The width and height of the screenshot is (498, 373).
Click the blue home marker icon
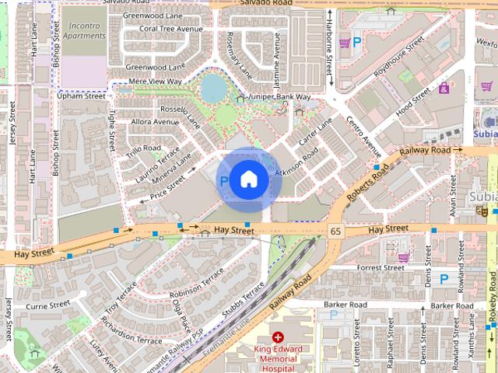[x=248, y=180]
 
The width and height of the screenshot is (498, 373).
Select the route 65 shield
[x=336, y=231]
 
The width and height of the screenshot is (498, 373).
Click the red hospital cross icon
[x=278, y=339]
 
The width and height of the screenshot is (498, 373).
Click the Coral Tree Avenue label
[x=165, y=29]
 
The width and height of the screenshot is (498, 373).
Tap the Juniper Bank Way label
[x=278, y=97]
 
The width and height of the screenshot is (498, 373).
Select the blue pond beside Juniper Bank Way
[x=212, y=89]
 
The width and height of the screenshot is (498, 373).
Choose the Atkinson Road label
[x=296, y=159]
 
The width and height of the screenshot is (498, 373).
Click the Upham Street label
[x=81, y=96]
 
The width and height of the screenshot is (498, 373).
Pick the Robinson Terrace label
[x=195, y=285]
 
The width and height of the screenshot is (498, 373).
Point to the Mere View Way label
[x=155, y=81]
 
